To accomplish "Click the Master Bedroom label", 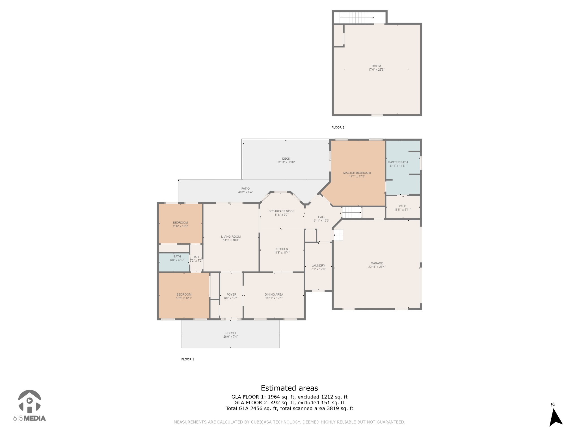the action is click(x=357, y=173).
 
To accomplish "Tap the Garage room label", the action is click(x=377, y=263).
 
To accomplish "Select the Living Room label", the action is click(x=231, y=237).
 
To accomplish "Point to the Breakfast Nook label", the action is click(x=282, y=211).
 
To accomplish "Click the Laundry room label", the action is click(x=318, y=266).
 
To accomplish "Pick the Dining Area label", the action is click(x=274, y=295).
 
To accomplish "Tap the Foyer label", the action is click(x=231, y=295).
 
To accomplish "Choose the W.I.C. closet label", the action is click(x=403, y=206).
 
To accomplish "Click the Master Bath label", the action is click(x=398, y=162).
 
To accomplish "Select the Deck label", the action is click(x=286, y=159).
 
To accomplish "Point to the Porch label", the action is click(x=231, y=333).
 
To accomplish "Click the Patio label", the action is click(x=245, y=189).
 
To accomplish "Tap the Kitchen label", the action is click(x=282, y=249).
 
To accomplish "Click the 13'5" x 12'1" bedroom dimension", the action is click(x=184, y=298).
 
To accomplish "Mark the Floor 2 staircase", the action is click(x=357, y=18).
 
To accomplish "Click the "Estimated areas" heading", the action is click(x=289, y=388).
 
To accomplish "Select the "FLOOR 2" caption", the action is click(x=338, y=127).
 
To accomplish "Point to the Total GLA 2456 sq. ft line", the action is click(x=289, y=408).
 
